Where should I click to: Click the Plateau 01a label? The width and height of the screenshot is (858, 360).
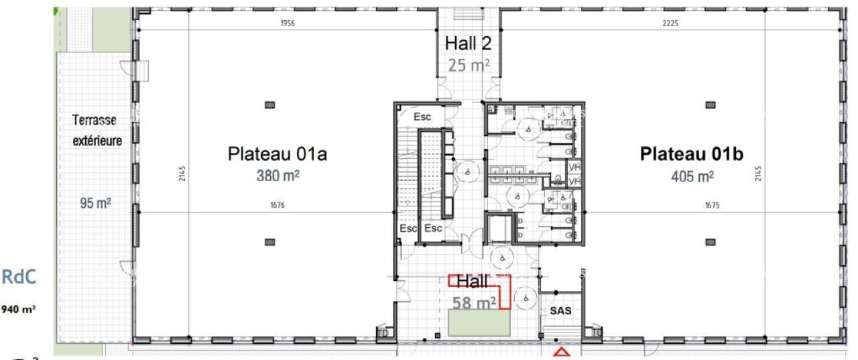point(278,154)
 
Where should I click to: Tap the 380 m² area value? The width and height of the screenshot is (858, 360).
point(277,176)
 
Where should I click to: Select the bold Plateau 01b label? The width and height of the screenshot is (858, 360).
point(692,154)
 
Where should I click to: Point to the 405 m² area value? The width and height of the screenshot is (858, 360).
point(692,176)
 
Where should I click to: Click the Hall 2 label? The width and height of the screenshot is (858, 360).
point(468,44)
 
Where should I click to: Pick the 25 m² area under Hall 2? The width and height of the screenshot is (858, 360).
point(468,65)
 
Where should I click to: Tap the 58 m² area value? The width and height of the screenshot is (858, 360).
point(473,303)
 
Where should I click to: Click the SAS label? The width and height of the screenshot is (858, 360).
point(560,311)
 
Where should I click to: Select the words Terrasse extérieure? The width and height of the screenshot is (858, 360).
point(97,131)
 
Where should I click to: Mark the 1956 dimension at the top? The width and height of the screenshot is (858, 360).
point(287,23)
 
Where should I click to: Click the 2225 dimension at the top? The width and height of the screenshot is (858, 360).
point(674,23)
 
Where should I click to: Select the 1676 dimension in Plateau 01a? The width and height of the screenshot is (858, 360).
point(277,206)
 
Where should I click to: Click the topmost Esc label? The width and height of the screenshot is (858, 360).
point(422,117)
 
